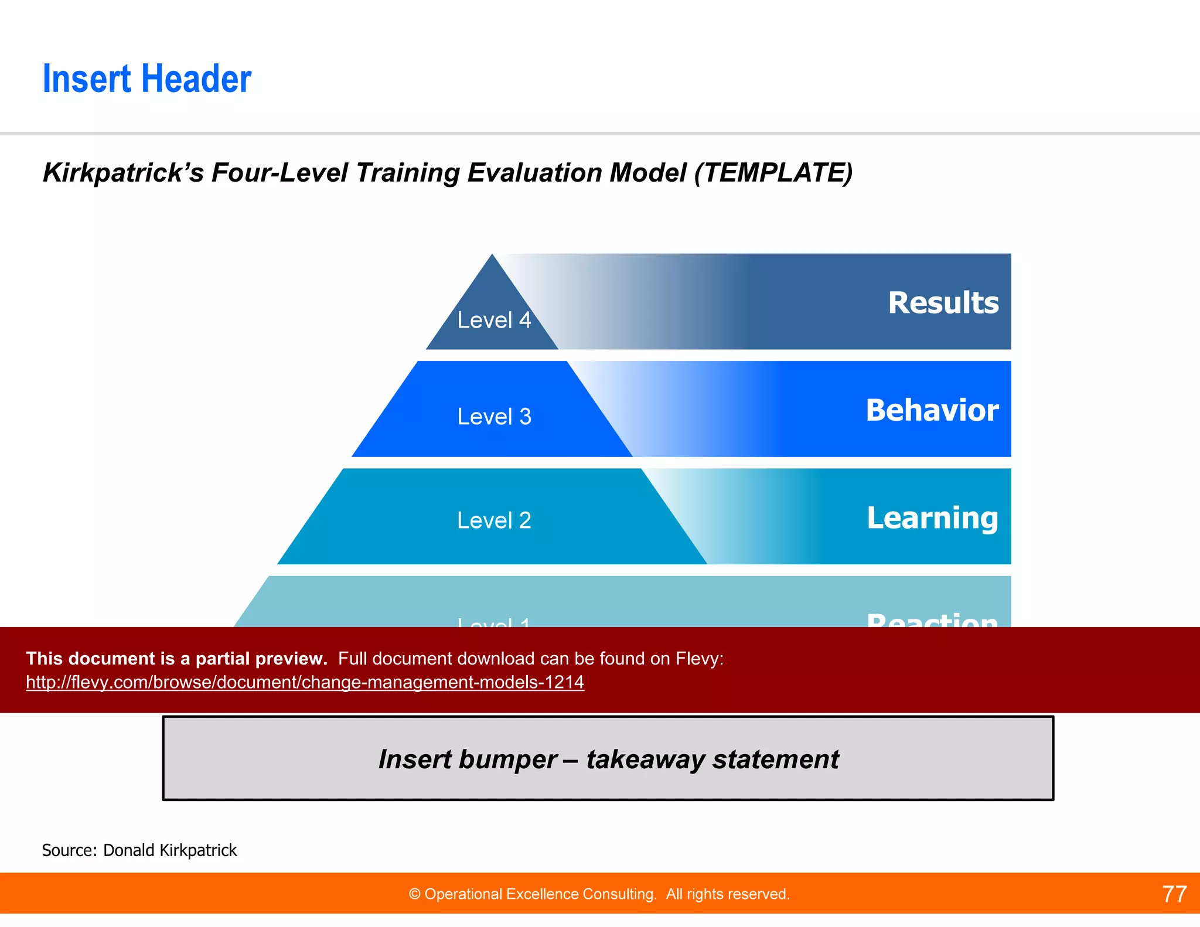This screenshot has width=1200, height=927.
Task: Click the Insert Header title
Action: coord(146,79)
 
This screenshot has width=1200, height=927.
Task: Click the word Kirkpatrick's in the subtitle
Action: coord(123,173)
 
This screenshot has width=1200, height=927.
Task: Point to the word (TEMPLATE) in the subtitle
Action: coord(773,173)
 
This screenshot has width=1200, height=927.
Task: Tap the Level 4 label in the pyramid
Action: coord(494,321)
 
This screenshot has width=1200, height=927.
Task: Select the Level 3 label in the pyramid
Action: coord(494,417)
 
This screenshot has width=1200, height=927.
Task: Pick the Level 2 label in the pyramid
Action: coord(494,520)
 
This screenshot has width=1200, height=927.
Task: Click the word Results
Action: coord(943,303)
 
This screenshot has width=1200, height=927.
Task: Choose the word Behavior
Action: coord(932,410)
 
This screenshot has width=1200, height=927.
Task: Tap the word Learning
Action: coord(932,518)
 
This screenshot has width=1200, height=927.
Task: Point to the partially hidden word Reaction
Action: coord(932,620)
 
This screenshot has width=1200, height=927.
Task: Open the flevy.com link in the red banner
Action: coord(305,683)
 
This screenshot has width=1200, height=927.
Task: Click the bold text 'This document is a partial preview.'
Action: coord(176,659)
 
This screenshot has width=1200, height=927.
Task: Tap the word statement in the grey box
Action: coord(775,760)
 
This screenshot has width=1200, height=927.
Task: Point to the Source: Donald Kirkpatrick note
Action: coord(139,850)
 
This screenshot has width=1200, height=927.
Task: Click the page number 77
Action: coord(1174,894)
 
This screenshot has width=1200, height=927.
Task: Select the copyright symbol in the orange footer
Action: coord(415,894)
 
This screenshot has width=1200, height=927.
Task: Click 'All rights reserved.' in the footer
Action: coord(727,894)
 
